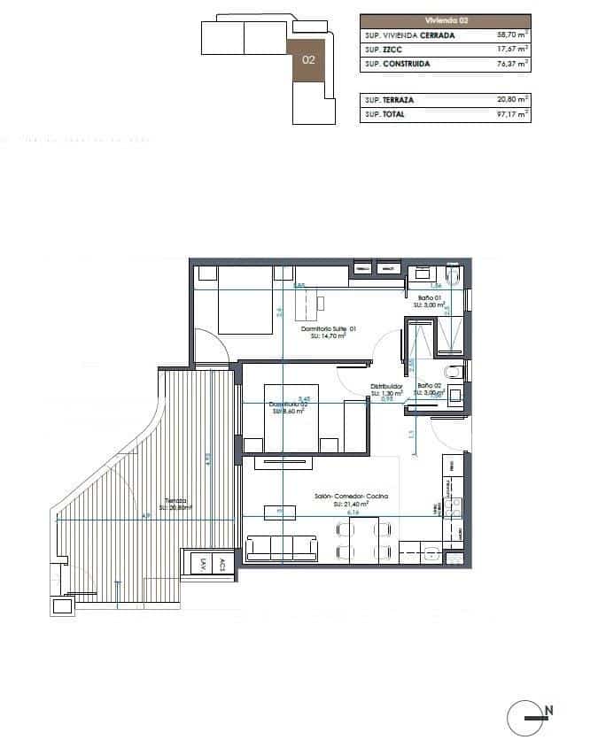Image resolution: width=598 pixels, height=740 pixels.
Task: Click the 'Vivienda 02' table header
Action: click(445, 20)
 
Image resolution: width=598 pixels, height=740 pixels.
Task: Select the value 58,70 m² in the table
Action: click(513, 35)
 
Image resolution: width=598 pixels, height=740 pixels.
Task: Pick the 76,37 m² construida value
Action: click(513, 64)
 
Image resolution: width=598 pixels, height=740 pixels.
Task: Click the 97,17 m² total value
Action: click(513, 114)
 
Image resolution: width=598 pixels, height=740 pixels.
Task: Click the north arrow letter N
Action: click(549, 709)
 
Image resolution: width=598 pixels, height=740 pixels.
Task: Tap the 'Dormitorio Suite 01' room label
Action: click(328, 329)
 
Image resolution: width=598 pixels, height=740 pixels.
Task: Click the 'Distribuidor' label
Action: click(387, 386)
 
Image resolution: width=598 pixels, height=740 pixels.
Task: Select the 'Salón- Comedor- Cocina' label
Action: click(351, 497)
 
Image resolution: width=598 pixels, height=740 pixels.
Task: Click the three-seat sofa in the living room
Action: click(282, 548)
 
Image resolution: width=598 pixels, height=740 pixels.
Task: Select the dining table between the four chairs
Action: click(363, 541)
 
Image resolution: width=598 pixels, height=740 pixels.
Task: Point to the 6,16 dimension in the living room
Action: click(352, 512)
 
